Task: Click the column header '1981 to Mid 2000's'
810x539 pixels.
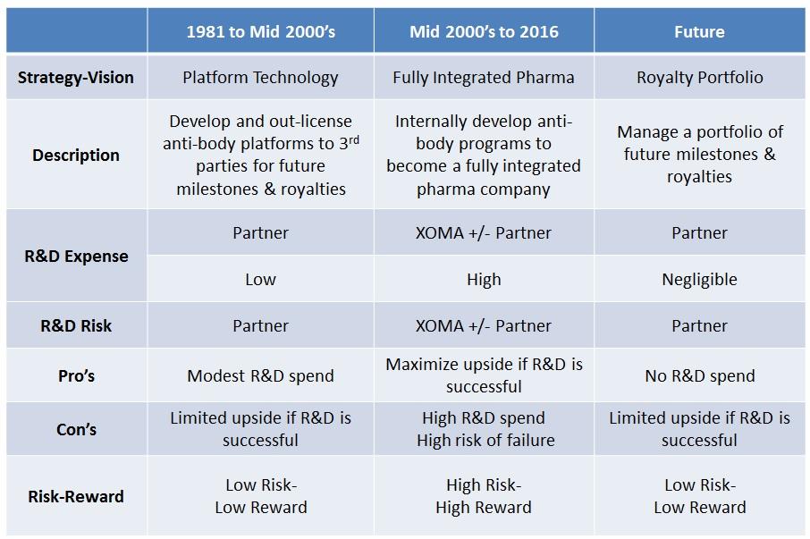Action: [x=260, y=31]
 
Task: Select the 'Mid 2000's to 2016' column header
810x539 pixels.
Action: [x=484, y=31]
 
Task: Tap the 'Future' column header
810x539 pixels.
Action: [x=699, y=31]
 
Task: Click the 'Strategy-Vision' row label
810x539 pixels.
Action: [x=76, y=77]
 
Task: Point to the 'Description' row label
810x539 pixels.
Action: [x=76, y=155]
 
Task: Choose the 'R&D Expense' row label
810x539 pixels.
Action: [x=76, y=256]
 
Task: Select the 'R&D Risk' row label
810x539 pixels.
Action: [x=76, y=325]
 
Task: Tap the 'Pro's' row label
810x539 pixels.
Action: [x=76, y=375]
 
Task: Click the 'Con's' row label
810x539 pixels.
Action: [x=76, y=429]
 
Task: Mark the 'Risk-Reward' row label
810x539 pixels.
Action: [x=76, y=496]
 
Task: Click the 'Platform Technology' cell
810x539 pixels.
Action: [x=260, y=77]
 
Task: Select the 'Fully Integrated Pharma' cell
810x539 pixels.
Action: [x=484, y=77]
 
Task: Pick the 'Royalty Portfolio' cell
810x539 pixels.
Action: [x=699, y=77]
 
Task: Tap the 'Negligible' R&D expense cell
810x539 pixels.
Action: [x=699, y=279]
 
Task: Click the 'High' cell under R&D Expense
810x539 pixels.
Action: [x=484, y=279]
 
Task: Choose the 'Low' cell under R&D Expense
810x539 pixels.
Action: [x=260, y=279]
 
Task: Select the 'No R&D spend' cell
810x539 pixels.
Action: [x=699, y=375]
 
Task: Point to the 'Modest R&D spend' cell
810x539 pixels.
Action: [x=260, y=375]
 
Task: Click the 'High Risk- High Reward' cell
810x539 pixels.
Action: [x=484, y=496]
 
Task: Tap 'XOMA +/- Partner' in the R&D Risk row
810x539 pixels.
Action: [x=484, y=325]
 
